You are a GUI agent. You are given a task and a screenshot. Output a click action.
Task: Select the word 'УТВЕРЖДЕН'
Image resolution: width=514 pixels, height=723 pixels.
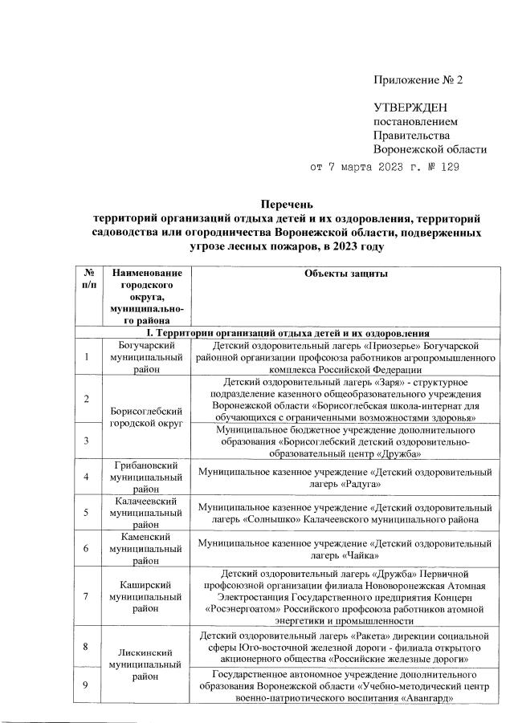click(410, 108)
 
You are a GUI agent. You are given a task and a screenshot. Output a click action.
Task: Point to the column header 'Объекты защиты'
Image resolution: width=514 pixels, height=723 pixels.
click(346, 274)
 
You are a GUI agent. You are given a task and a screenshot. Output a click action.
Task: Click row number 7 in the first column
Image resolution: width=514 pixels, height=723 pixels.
click(85, 597)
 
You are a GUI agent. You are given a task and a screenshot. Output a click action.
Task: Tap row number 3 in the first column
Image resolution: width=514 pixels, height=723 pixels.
click(85, 441)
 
